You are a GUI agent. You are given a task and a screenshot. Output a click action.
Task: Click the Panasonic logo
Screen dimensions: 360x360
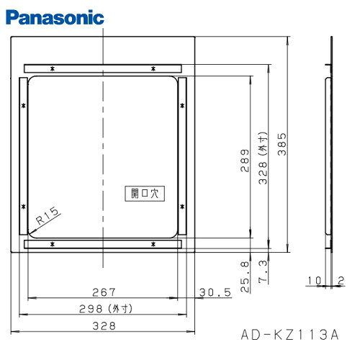[53, 15]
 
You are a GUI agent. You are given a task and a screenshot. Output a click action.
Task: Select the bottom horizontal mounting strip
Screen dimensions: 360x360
[104, 245]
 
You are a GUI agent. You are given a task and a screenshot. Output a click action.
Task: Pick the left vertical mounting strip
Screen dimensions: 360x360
[22, 158]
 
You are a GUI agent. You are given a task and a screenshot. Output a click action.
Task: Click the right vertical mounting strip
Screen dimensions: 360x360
[183, 158]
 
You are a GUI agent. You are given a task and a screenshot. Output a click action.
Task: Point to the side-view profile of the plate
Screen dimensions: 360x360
[330, 144]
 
